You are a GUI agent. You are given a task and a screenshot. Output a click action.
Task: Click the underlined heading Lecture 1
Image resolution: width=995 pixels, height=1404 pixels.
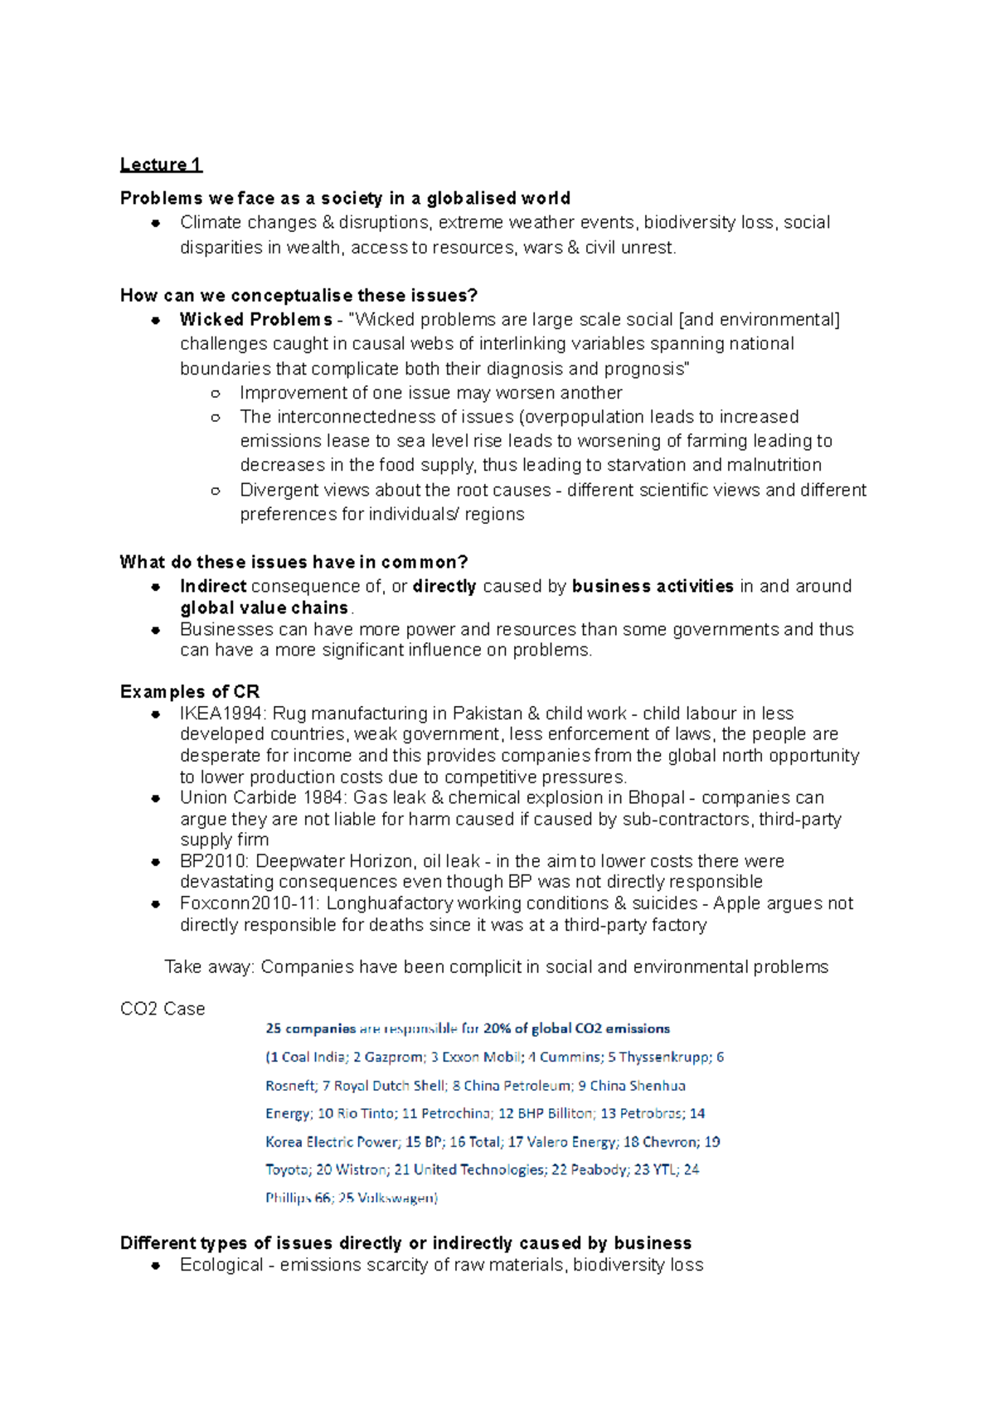pyautogui.click(x=161, y=164)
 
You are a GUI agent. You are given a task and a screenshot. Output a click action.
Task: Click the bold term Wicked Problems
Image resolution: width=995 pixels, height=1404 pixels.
pyautogui.click(x=255, y=320)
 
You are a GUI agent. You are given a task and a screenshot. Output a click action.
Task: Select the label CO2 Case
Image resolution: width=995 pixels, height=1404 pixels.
pyautogui.click(x=163, y=1009)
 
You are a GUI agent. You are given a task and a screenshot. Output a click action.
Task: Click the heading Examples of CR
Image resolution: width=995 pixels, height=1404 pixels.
pyautogui.click(x=189, y=691)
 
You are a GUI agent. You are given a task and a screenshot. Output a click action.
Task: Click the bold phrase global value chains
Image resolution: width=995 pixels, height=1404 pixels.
pyautogui.click(x=264, y=608)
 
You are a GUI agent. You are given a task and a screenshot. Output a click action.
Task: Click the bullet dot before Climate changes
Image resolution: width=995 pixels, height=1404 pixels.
pyautogui.click(x=155, y=223)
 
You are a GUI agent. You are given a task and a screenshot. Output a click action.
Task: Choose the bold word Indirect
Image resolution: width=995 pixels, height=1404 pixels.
pyautogui.click(x=213, y=587)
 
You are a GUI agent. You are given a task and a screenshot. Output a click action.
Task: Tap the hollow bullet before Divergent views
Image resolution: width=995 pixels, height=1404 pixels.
pyautogui.click(x=216, y=491)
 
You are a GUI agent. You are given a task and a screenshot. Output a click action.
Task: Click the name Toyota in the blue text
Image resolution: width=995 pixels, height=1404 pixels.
pyautogui.click(x=287, y=1169)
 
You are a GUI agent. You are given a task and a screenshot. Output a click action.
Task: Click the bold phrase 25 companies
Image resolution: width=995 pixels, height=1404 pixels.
pyautogui.click(x=310, y=1029)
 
